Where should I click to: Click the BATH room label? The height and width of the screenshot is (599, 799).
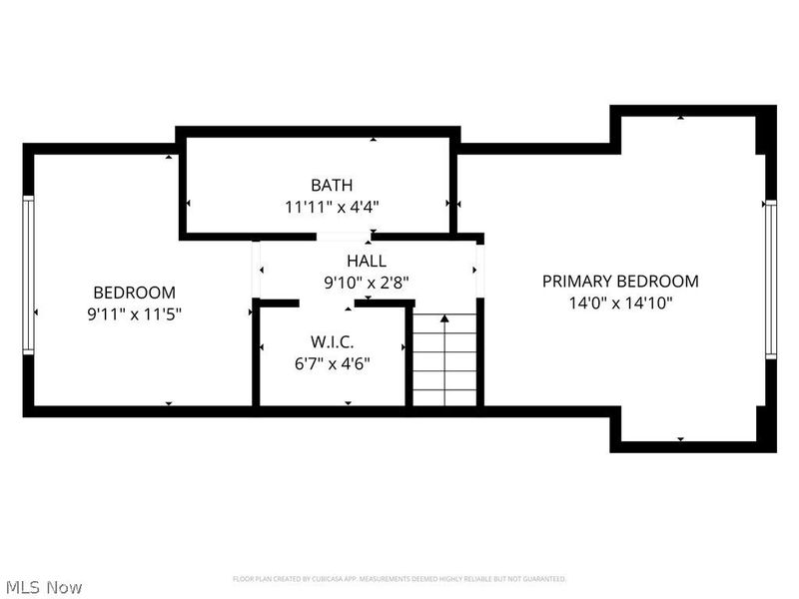pos(331,185)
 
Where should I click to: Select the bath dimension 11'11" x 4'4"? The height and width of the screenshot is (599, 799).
pos(331,207)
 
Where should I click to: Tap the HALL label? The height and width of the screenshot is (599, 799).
pos(367,261)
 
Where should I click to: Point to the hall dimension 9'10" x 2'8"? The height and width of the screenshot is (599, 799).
pos(367,283)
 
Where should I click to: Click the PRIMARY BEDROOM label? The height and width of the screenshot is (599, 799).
pos(620,282)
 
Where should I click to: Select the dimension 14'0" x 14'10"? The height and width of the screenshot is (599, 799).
pos(620,303)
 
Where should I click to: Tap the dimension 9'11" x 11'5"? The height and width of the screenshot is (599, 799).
pos(134,313)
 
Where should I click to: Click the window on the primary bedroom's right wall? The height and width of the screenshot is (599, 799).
pos(770,279)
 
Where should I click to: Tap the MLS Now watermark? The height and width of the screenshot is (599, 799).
pos(43,587)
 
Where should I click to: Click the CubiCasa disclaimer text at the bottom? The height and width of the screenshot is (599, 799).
pos(399,579)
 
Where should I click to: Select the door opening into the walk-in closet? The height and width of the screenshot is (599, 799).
pos(328,302)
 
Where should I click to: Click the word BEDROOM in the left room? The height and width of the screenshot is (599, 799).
pos(134,293)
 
